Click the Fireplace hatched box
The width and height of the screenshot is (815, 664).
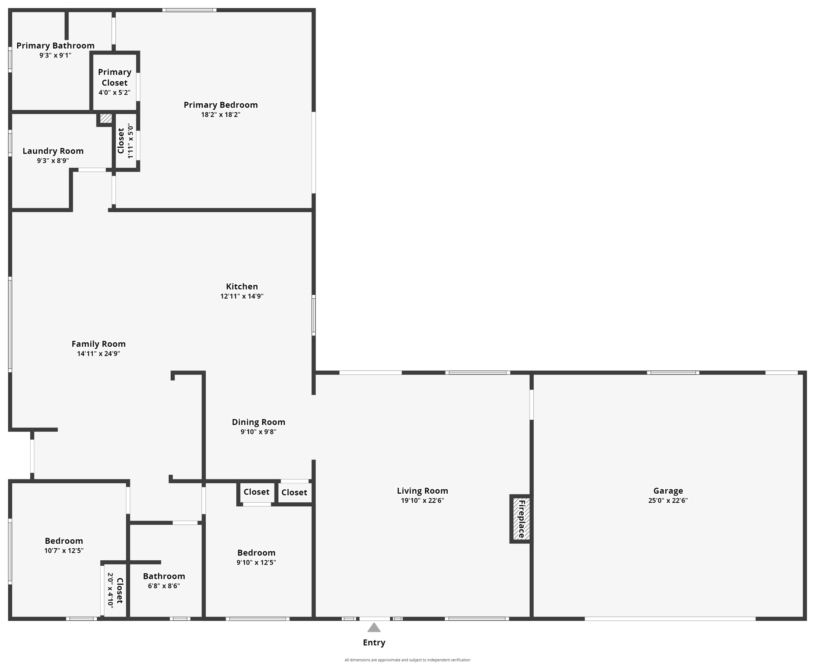pos(521,519)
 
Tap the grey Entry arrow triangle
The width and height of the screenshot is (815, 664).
pos(374,628)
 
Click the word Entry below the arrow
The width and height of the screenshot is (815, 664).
pos(374,642)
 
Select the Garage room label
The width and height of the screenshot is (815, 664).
pos(668,491)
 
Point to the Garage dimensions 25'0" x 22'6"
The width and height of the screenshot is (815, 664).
pos(668,501)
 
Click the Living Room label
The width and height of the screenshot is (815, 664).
pos(422,491)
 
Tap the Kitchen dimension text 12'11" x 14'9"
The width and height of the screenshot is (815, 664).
pos(242,296)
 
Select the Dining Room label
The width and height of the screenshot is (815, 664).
pos(258,422)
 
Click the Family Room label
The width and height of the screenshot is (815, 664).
pos(99,344)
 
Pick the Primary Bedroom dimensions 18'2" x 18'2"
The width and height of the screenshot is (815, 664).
pos(220,115)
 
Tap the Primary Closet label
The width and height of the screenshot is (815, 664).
pos(115,77)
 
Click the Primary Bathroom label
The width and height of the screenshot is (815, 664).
pos(55,45)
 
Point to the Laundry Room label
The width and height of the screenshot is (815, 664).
pos(53,151)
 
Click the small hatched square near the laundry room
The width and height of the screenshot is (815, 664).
pos(106,118)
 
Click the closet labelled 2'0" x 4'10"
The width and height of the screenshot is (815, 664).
pos(115,591)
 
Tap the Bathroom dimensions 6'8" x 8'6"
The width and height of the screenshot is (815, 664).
pos(164,586)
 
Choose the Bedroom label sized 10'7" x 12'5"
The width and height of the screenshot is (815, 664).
pos(64,541)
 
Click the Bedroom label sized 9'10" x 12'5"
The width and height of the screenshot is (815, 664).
pos(256,552)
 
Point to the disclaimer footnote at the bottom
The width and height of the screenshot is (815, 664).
pos(407,660)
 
